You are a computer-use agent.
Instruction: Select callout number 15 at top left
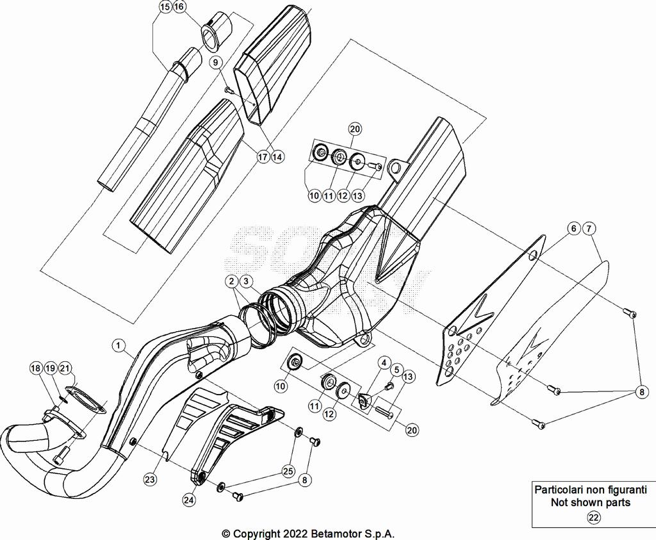(x=165, y=7)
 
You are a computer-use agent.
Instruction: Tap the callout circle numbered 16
(x=179, y=7)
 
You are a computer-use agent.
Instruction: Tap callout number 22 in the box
(x=594, y=518)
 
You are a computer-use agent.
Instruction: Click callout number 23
(x=151, y=479)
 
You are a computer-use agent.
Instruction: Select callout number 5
(x=397, y=370)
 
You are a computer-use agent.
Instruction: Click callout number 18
(x=36, y=368)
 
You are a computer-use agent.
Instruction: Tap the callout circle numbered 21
(x=65, y=368)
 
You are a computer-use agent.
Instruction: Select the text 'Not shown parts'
(x=590, y=502)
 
